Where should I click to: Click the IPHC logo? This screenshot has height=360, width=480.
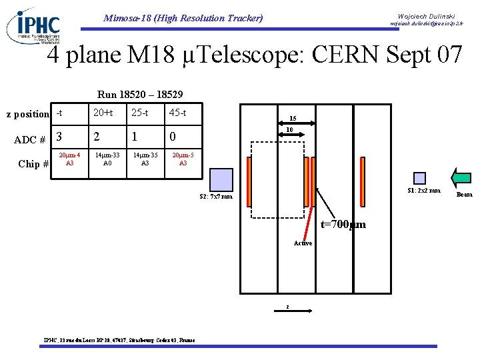pyautogui.click(x=33, y=25)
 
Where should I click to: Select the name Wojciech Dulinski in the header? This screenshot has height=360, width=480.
pyautogui.click(x=426, y=15)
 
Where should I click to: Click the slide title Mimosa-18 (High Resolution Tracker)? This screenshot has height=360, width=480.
pyautogui.click(x=183, y=18)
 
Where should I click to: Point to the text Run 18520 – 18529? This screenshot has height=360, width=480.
pyautogui.click(x=140, y=95)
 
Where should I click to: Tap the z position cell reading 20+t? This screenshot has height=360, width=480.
pyautogui.click(x=103, y=113)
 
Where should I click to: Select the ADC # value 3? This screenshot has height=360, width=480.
pyautogui.click(x=59, y=137)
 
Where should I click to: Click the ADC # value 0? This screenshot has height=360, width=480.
pyautogui.click(x=173, y=137)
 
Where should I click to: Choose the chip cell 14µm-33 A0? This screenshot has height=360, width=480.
pyautogui.click(x=107, y=159)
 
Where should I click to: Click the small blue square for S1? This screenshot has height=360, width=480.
pyautogui.click(x=419, y=178)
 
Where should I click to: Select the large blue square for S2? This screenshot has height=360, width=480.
pyautogui.click(x=221, y=180)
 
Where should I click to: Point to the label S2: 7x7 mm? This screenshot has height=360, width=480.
pyautogui.click(x=216, y=197)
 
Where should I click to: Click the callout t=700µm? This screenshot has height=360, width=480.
pyautogui.click(x=343, y=225)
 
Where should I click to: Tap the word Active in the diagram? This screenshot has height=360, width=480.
pyautogui.click(x=303, y=243)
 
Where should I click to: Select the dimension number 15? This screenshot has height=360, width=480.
pyautogui.click(x=293, y=119)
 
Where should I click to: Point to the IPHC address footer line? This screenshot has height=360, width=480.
pyautogui.click(x=119, y=341)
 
